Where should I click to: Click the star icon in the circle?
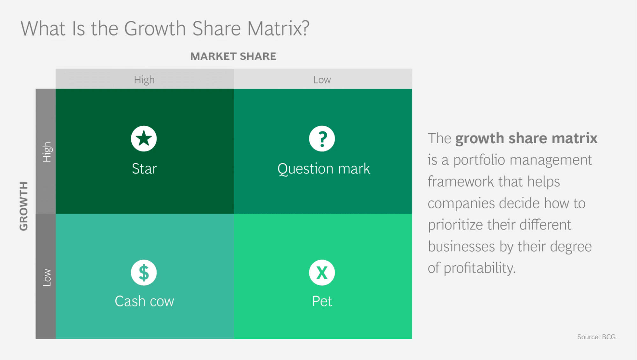pyautogui.click(x=144, y=139)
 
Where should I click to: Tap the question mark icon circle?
pyautogui.click(x=322, y=139)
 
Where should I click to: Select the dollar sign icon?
pyautogui.click(x=144, y=273)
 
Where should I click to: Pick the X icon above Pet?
pyautogui.click(x=322, y=273)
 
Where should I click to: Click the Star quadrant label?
pyautogui.click(x=144, y=169)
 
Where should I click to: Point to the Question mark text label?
pyautogui.click(x=323, y=169)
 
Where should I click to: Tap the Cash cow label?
pyautogui.click(x=144, y=301)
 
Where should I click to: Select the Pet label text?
pyautogui.click(x=322, y=301)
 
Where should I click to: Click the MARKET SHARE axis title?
pyautogui.click(x=233, y=56)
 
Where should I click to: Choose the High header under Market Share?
pyautogui.click(x=144, y=79)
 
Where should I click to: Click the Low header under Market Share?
pyautogui.click(x=322, y=79)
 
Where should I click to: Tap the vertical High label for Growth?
pyautogui.click(x=47, y=152)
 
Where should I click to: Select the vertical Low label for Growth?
pyautogui.click(x=47, y=277)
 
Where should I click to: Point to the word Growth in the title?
pyautogui.click(x=155, y=29)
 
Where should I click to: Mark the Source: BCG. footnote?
pyautogui.click(x=597, y=337)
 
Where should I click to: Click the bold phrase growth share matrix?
pyautogui.click(x=526, y=138)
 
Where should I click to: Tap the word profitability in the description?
pyautogui.click(x=479, y=268)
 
